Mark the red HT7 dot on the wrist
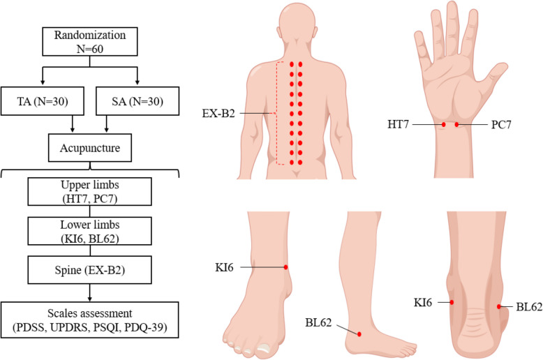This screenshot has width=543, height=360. click(444, 125)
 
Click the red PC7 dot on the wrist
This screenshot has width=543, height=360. click(457, 125)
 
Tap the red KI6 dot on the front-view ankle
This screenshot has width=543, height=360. click(286, 267)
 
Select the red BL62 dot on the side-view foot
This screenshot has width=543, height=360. click(357, 333)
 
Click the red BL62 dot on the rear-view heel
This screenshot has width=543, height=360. click(498, 306)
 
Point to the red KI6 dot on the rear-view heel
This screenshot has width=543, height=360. click(452, 302)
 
